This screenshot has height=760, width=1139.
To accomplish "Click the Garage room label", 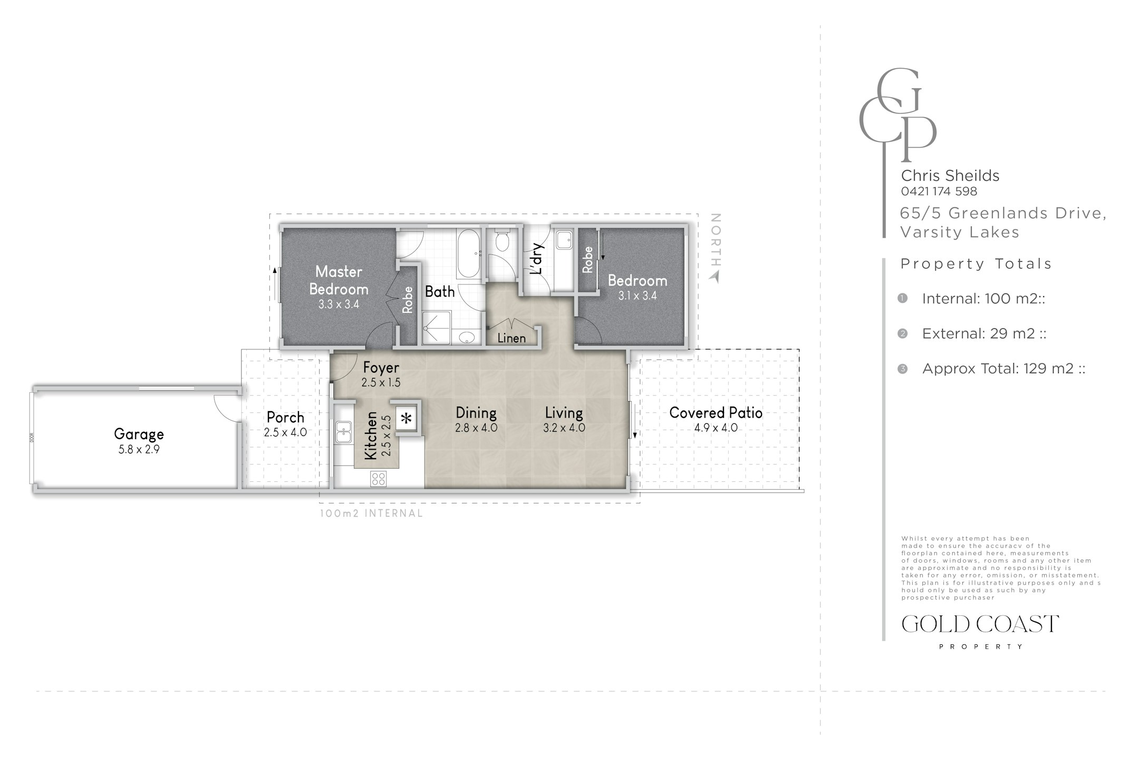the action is click(139, 434).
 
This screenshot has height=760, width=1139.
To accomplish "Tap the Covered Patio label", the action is click(716, 413).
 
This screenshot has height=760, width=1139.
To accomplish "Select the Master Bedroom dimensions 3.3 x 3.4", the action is click(339, 305).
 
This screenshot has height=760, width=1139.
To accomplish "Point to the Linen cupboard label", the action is click(511, 338).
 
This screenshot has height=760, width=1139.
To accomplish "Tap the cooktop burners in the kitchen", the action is click(378, 479).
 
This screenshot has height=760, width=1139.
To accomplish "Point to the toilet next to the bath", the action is click(502, 240).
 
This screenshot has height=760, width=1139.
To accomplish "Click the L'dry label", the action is click(537, 259).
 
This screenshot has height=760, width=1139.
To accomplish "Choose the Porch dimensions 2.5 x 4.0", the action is click(285, 432).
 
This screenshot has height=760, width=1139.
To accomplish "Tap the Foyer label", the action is click(381, 367).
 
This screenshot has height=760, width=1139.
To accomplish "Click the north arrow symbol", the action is click(715, 277).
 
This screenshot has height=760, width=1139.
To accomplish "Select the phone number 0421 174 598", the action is click(939, 191).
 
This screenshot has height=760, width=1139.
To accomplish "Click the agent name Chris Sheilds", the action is click(950, 175).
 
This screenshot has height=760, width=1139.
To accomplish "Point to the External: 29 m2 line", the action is click(984, 334).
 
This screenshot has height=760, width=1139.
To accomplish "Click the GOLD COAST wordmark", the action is click(980, 624).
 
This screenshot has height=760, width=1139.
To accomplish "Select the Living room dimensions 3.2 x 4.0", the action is click(564, 427).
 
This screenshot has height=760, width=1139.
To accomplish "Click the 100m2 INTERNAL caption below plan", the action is click(371, 513).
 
